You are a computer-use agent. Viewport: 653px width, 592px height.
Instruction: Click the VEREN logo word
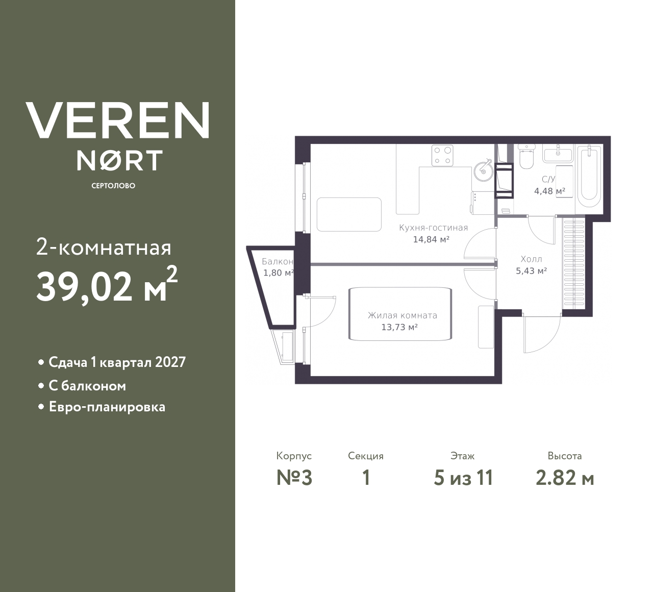[x=117, y=120]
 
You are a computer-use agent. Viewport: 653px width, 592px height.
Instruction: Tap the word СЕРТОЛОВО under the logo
[x=113, y=186]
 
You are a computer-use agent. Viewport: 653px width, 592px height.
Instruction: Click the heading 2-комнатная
[x=104, y=249]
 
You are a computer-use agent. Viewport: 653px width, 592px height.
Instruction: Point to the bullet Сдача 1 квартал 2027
[x=117, y=362]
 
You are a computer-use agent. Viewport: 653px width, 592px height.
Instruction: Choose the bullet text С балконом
[x=87, y=386]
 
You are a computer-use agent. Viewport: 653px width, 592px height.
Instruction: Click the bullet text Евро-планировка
[x=107, y=407]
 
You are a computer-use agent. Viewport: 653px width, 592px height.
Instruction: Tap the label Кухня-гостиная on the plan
[x=433, y=228]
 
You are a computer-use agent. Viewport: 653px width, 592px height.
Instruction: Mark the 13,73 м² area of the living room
[x=399, y=327]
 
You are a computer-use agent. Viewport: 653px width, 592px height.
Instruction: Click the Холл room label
[x=531, y=259]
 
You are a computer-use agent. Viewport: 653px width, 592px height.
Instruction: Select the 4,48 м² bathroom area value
[x=549, y=191]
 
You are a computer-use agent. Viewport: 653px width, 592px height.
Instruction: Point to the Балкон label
[x=278, y=262]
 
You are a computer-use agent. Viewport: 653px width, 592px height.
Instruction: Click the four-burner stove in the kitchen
[x=442, y=156]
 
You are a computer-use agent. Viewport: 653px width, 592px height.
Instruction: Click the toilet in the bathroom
[x=526, y=158]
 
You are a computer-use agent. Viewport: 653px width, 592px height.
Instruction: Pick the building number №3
[x=294, y=478]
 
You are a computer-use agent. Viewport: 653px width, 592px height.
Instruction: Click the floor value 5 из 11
[x=463, y=478]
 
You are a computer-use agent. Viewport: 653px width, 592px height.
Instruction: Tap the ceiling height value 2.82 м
[x=565, y=478]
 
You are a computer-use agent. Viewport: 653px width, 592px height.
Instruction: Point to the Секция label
[x=366, y=456]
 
